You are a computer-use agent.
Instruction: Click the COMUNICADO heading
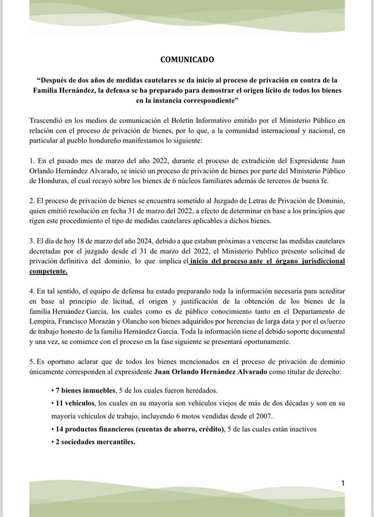click(187, 59)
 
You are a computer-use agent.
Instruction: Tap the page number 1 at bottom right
click(343, 483)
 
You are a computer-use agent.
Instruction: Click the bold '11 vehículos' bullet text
click(75, 403)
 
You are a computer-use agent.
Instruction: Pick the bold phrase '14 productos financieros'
click(96, 429)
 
